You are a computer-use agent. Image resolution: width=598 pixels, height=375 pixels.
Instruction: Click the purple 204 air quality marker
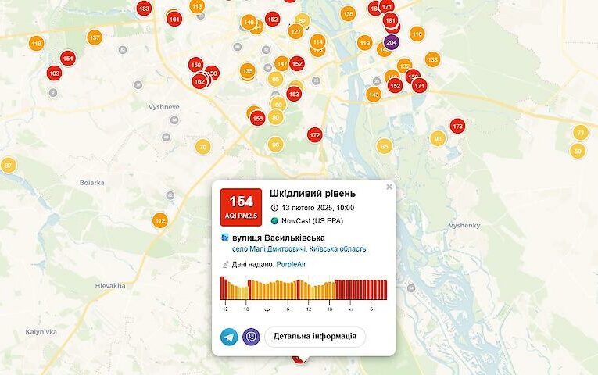(392, 41)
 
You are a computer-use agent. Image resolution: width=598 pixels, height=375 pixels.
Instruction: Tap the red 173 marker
(457, 126)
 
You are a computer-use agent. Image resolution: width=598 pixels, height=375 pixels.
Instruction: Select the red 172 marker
(314, 135)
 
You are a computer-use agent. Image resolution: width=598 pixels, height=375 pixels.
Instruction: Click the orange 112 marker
(160, 221)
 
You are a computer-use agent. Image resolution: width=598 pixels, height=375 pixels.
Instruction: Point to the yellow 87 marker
(9, 165)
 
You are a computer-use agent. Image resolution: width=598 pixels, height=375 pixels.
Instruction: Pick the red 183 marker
(144, 9)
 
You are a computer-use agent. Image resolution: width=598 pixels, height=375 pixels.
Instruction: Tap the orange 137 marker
(95, 37)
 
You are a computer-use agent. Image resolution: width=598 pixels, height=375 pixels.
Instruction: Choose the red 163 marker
(54, 73)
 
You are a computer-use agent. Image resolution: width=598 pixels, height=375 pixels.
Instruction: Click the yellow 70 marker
(202, 146)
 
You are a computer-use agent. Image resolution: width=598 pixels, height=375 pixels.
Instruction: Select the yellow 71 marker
(580, 133)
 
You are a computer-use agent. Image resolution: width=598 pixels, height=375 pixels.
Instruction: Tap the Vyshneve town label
(164, 107)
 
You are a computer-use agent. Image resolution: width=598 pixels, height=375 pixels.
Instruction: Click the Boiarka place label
(91, 182)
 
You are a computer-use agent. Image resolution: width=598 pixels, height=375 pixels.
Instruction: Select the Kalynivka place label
(41, 331)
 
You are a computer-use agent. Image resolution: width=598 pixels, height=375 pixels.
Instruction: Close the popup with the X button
(389, 187)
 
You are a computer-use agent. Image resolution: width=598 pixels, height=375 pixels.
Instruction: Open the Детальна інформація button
(315, 337)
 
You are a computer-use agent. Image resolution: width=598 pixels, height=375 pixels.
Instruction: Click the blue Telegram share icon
(230, 337)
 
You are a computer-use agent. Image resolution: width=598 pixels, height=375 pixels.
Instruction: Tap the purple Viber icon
(251, 337)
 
